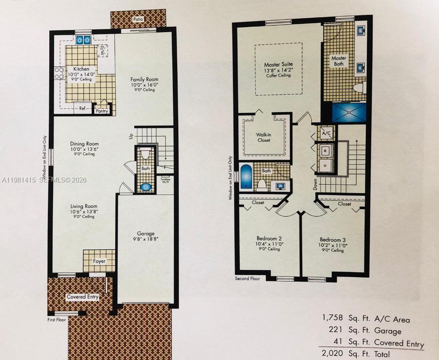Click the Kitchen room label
[x=81, y=69]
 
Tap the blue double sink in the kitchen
[x=83, y=40]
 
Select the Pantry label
[x=102, y=111]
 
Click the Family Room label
[x=144, y=80]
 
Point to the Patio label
[x=139, y=19]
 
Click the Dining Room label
[x=84, y=144]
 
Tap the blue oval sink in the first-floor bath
[x=146, y=187]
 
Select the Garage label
[x=146, y=234]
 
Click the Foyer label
[x=99, y=261]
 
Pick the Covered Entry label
[x=83, y=297]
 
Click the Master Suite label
[x=278, y=65]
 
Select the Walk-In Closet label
[x=263, y=137]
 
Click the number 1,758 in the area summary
[x=333, y=318]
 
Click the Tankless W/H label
[x=165, y=180]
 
